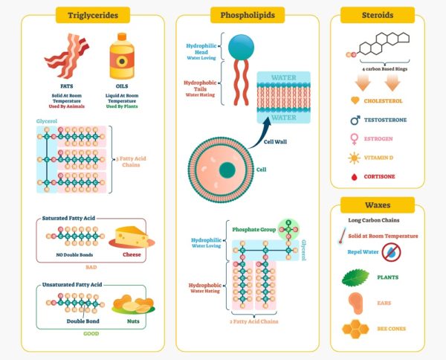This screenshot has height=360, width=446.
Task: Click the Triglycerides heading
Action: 92,15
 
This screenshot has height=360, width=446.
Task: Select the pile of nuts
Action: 132,304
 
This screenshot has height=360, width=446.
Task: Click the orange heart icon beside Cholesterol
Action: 355,100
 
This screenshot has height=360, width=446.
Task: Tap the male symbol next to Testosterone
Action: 355,119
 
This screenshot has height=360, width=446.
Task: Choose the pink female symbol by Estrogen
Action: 355,138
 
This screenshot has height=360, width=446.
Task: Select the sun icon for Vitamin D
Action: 355,158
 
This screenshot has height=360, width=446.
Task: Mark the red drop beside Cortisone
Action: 355,177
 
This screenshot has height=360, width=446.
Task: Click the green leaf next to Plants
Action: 355,278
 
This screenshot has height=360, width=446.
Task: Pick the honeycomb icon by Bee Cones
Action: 355,328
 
